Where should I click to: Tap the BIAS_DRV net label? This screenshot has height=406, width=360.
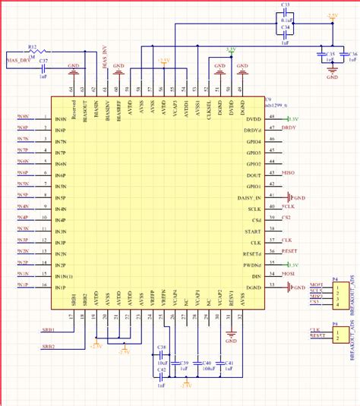pos(18,58)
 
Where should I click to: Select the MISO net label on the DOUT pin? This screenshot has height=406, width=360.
pos(288,174)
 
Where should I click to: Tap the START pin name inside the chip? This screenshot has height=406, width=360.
pos(253,230)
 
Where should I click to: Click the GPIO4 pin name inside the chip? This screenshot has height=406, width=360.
pos(253,141)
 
